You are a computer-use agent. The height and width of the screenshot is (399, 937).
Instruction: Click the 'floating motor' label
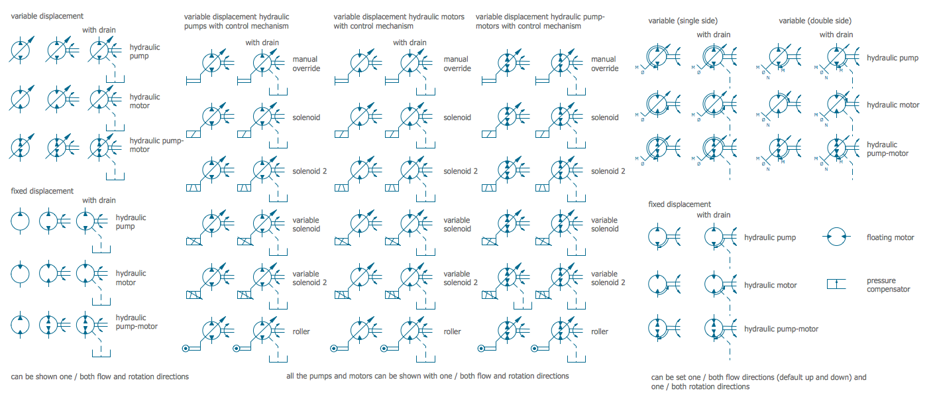[x=890, y=237]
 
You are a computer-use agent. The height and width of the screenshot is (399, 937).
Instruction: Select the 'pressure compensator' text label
[x=889, y=284]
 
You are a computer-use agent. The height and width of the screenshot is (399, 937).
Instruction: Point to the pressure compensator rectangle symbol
[x=836, y=284]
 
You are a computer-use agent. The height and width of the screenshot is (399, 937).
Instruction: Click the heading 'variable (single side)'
[x=683, y=21]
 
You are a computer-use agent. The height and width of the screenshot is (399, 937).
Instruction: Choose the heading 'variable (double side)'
[x=815, y=21]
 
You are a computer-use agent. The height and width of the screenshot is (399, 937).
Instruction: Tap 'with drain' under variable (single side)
[x=713, y=34]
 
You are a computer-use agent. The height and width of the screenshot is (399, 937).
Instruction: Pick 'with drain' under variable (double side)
[x=836, y=34]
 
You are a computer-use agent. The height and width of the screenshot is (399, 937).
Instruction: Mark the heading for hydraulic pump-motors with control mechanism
[x=540, y=21]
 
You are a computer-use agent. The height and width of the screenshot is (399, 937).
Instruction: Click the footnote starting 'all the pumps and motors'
[x=427, y=376]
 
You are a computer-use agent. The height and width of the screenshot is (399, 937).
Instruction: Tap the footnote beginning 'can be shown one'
[x=99, y=376]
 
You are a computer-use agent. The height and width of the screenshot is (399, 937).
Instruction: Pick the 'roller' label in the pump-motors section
[x=600, y=331]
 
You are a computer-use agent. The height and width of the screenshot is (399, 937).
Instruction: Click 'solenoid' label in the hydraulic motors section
[x=457, y=117]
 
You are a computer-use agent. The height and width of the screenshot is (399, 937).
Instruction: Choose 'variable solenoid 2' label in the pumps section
[x=306, y=278]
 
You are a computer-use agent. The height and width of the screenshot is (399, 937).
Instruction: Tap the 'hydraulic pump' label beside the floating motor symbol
[x=770, y=237]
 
